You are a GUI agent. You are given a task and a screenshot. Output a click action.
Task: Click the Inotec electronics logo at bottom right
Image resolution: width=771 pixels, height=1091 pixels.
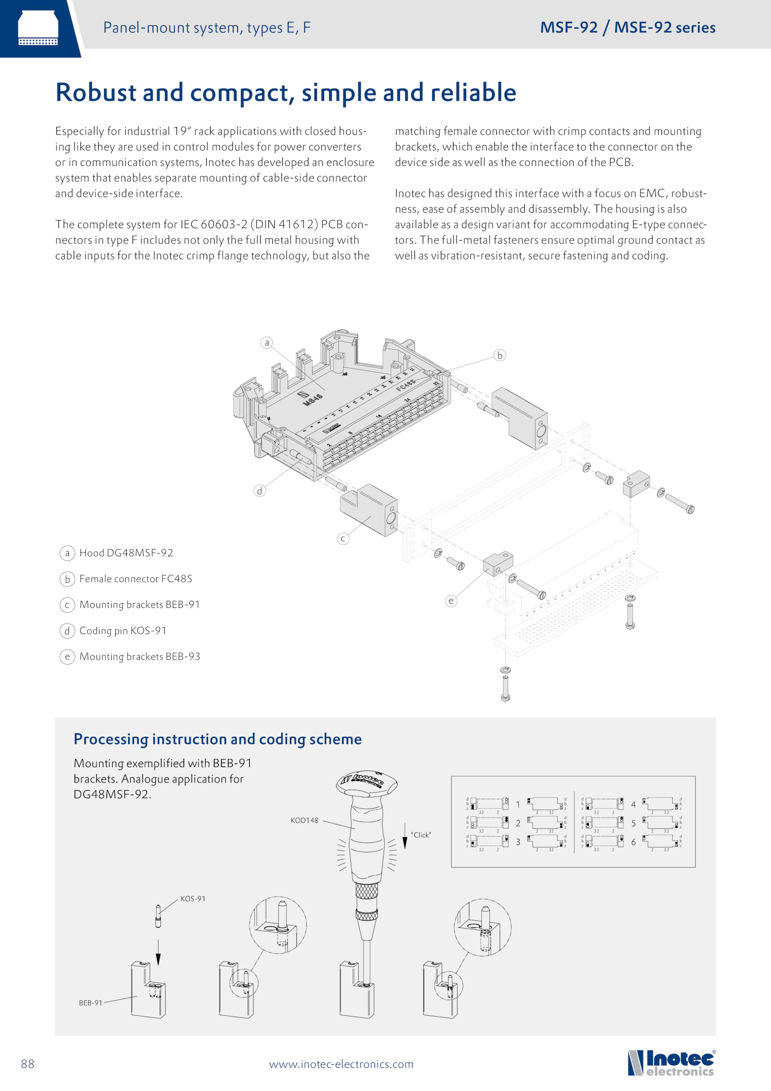click(671, 1063)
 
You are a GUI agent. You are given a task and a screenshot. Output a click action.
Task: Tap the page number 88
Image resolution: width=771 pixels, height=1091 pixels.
click(28, 1064)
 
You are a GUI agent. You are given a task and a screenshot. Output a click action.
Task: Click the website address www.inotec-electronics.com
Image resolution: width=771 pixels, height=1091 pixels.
click(341, 1064)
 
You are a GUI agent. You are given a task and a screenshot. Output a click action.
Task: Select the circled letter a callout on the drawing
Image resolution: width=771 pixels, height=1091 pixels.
click(266, 343)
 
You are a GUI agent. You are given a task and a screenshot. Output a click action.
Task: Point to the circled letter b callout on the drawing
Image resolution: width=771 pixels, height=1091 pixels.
click(500, 355)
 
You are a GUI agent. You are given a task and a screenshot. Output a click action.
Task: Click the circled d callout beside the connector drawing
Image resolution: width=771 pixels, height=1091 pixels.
click(260, 491)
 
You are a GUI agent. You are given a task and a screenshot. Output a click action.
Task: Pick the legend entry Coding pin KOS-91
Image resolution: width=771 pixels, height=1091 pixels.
click(123, 631)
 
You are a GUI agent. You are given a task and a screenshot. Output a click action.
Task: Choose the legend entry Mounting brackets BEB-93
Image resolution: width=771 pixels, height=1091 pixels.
click(139, 657)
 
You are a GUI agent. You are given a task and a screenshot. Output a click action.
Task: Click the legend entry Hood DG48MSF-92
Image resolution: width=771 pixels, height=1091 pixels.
click(126, 553)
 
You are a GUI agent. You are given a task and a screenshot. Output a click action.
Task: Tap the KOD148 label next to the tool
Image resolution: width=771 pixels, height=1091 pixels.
click(304, 821)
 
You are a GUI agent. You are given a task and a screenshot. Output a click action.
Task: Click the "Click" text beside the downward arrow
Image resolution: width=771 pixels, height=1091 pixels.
click(421, 835)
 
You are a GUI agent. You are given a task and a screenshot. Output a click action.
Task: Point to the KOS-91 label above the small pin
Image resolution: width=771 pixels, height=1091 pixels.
click(193, 899)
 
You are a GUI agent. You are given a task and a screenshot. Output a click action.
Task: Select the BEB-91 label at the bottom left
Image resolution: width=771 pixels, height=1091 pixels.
click(91, 1003)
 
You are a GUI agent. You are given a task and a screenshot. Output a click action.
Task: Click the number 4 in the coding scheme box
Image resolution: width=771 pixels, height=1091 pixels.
click(633, 805)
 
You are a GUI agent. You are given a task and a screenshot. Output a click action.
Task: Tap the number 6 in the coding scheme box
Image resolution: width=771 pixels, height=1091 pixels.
click(633, 842)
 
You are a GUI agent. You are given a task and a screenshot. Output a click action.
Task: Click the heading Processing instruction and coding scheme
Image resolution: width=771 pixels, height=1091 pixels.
click(217, 739)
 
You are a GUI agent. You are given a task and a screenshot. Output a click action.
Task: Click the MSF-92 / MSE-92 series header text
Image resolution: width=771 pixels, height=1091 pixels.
click(627, 27)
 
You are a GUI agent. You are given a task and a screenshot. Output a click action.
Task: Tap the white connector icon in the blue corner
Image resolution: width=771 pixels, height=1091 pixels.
click(38, 28)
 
